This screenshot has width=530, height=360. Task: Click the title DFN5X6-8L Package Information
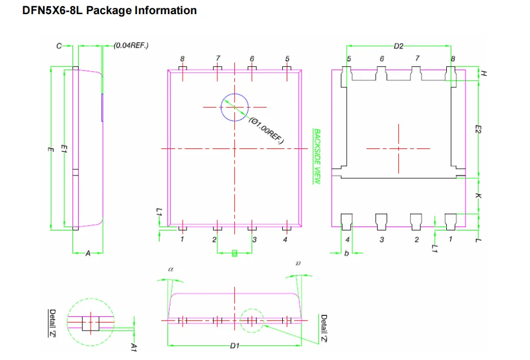(x=109, y=11)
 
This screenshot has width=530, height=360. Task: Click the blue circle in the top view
(x=234, y=107)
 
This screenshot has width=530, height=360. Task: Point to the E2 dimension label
(x=478, y=130)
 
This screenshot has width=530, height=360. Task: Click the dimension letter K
(x=478, y=196)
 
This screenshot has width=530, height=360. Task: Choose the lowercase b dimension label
(x=347, y=253)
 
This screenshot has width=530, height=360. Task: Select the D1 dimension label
(x=235, y=345)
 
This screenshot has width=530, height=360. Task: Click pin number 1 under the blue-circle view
(x=182, y=240)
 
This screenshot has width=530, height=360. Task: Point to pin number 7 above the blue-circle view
(x=218, y=58)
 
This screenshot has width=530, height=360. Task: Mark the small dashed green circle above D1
(x=251, y=320)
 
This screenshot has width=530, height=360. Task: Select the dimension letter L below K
(x=478, y=240)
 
